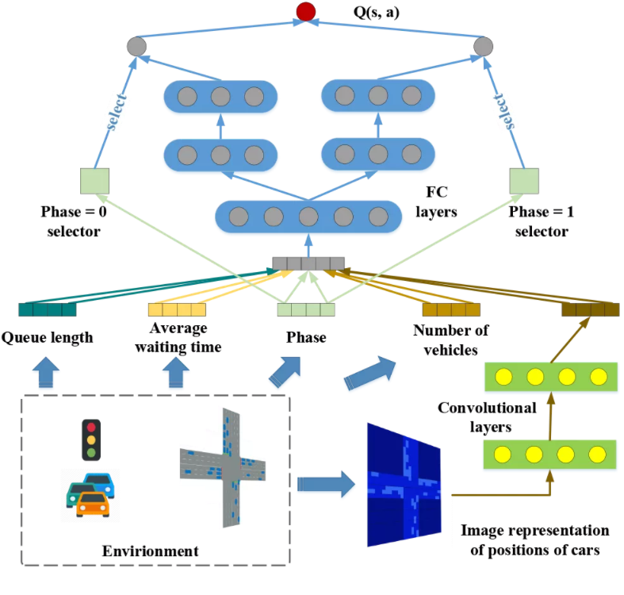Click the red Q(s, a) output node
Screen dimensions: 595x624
point(306,11)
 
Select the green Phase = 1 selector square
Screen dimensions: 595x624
point(524,181)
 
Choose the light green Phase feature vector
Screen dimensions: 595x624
point(305,309)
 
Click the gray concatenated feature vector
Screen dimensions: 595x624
point(308,263)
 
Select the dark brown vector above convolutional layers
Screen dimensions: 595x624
point(590,309)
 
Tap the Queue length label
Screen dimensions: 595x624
point(47,337)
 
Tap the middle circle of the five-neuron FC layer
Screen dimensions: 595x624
point(308,216)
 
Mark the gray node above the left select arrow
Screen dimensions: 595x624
point(137,46)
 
